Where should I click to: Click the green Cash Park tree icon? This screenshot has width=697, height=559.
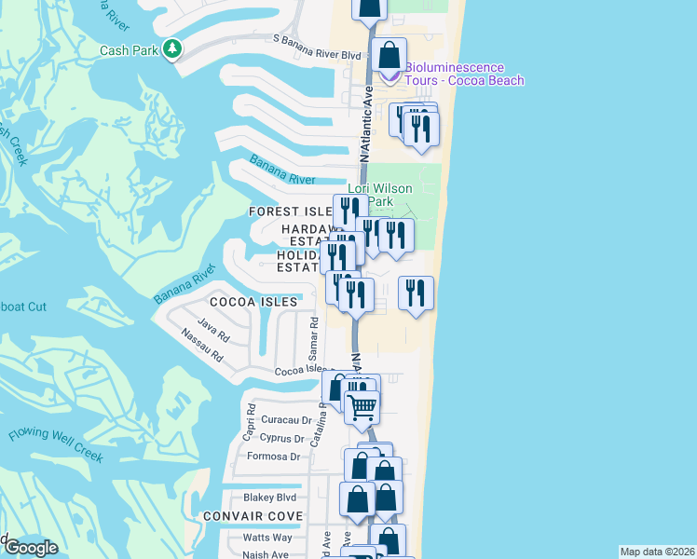click(171, 48)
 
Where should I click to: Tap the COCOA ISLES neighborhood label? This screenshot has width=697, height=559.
click(253, 302)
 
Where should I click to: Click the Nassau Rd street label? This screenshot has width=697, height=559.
click(203, 346)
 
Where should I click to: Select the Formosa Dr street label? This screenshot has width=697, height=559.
click(274, 457)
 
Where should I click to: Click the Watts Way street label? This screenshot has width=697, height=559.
click(267, 537)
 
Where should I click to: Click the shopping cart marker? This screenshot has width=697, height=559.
click(362, 405)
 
